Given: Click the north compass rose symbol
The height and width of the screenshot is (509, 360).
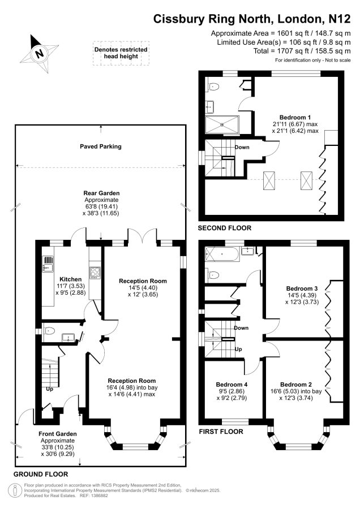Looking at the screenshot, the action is (x=40, y=53).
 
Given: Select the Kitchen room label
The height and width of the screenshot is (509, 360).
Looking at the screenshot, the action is (x=71, y=279).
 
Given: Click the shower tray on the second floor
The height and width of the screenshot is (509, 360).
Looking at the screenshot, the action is (x=222, y=124).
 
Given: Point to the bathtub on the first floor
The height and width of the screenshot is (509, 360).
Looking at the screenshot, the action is (x=222, y=254).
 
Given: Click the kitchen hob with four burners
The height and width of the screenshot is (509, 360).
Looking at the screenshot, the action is (x=95, y=272).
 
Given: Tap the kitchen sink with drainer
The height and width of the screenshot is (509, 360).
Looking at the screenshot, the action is (x=48, y=264).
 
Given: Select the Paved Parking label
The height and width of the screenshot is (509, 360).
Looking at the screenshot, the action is (x=101, y=146).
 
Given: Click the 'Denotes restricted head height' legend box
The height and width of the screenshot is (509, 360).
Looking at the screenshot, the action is (x=121, y=53).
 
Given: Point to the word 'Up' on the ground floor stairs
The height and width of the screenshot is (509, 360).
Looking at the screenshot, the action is (x=49, y=389).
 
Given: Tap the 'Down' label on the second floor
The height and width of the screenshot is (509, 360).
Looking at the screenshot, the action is (x=242, y=147).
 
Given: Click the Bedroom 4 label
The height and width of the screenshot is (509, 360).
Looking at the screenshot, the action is (x=232, y=385).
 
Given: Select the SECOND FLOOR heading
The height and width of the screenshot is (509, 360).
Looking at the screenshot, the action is (x=225, y=228).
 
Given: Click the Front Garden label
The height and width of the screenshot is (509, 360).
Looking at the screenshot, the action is (x=58, y=434).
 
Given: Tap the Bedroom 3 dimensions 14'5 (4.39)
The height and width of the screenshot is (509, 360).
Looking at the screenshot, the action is (x=302, y=295).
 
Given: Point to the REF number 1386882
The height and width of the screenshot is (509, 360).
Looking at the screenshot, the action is (x=99, y=495).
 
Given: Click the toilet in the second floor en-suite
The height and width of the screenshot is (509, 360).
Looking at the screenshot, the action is (x=213, y=87).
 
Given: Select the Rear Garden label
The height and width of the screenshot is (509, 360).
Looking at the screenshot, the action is (x=101, y=193).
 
